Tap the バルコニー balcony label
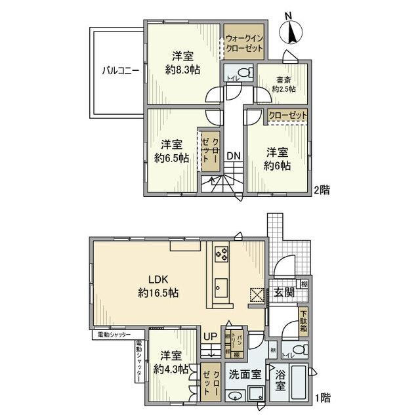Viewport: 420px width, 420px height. click(119, 72)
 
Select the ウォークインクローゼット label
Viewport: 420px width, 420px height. click(245, 44)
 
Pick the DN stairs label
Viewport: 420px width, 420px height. click(233, 156)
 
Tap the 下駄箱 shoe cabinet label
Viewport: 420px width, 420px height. click(303, 321)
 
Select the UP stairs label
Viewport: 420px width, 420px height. click(209, 337)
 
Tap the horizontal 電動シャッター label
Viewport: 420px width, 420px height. click(115, 335)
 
